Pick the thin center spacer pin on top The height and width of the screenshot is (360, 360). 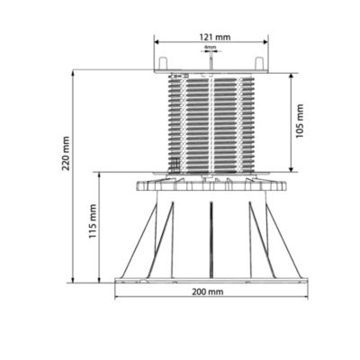tap(210, 59)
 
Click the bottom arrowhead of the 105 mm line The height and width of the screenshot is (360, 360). tap(289, 171)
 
